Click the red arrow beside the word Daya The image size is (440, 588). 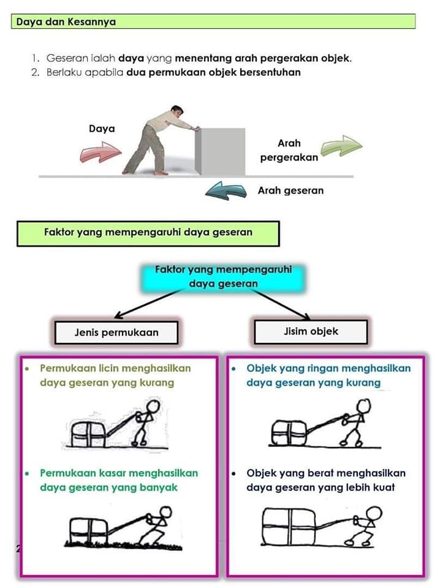tap(101, 152)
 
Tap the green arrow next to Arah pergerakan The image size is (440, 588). tap(341, 146)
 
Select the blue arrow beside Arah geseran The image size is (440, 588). tap(226, 190)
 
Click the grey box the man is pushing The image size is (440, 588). tap(220, 151)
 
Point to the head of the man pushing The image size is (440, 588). tap(176, 111)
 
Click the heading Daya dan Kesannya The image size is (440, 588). tap(66, 22)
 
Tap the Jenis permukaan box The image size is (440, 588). tap(116, 332)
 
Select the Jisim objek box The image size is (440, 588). tap(311, 331)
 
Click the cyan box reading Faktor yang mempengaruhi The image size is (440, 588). tap(223, 277)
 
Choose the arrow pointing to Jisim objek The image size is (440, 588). tap(281, 304)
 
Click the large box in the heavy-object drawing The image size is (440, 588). tap(289, 527)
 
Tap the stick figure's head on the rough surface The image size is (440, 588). tap(165, 512)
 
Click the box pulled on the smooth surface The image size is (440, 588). tap(88, 434)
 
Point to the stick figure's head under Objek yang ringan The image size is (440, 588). tap(363, 406)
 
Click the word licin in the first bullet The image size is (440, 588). tap(108, 368)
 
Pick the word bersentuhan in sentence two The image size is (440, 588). tap(270, 72)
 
